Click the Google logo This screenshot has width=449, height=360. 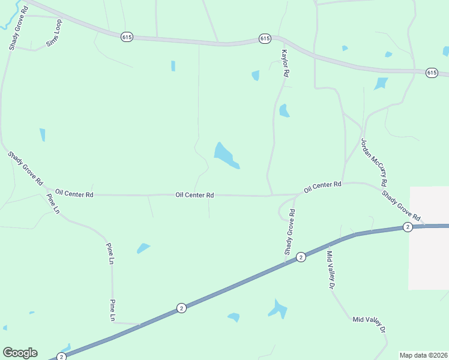[20, 353]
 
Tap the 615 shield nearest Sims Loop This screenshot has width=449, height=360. [126, 37]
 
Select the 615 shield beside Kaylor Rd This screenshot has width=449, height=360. [265, 38]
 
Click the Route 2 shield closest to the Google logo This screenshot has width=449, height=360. [61, 356]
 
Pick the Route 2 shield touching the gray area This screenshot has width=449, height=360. [408, 227]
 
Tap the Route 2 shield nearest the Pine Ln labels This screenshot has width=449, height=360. [181, 308]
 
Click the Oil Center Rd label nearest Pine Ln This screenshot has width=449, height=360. [74, 194]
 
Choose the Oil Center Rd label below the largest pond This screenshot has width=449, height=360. [194, 195]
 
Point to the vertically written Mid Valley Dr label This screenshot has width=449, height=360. [330, 270]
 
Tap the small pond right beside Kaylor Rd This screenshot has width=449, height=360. [283, 110]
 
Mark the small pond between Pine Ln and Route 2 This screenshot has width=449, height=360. [143, 248]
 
